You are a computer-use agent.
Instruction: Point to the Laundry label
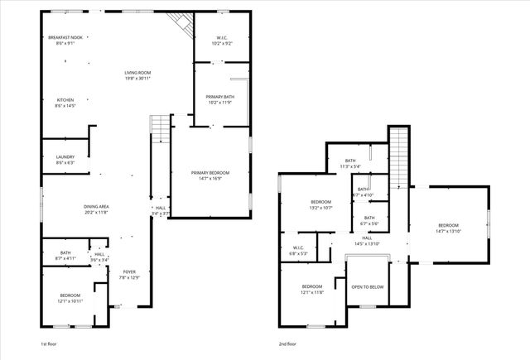pos(65,159)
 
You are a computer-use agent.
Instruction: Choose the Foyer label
pos(129,274)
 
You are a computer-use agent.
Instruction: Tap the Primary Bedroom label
pos(210,174)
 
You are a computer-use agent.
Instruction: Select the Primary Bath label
pos(221,99)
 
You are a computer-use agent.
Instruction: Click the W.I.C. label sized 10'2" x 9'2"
pos(221,40)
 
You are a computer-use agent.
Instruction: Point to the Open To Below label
pos(367,287)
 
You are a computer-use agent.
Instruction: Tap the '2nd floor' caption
pos(287,343)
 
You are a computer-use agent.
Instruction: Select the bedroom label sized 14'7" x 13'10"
pos(448,228)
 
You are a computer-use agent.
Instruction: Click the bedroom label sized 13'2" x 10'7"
pos(320,204)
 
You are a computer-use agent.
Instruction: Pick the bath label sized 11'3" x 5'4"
pos(350,163)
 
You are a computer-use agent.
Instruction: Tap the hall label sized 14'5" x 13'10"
pos(366,241)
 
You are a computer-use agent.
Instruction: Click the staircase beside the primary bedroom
pos(159,129)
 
